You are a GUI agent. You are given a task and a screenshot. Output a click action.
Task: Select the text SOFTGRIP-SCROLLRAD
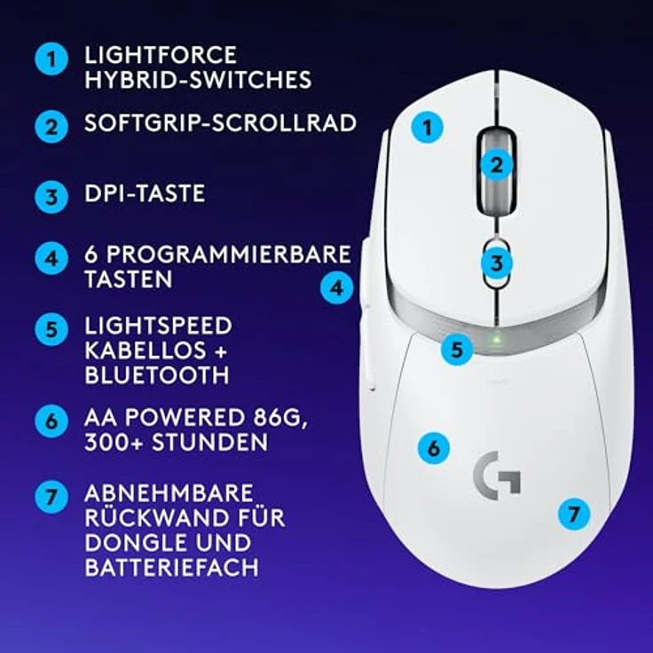point(220,123)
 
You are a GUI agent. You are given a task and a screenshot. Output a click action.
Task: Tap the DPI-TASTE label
point(145,193)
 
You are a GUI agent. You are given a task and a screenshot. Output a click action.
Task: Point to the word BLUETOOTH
point(157,375)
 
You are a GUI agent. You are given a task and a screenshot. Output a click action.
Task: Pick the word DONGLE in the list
point(130,541)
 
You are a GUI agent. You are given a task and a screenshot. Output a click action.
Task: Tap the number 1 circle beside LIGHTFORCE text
point(51,60)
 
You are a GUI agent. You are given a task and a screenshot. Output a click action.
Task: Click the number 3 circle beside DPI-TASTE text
point(51,195)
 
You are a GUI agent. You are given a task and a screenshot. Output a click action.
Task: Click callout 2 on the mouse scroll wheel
point(498,163)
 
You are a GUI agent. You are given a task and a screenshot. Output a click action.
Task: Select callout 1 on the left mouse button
point(429,128)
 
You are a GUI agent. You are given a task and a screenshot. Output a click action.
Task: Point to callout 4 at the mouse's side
point(336,287)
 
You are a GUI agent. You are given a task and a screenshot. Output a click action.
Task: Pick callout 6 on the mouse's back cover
point(433,448)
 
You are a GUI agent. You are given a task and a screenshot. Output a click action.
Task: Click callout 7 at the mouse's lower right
point(574,512)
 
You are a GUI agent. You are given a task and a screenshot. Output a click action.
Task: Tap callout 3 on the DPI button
point(498,263)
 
